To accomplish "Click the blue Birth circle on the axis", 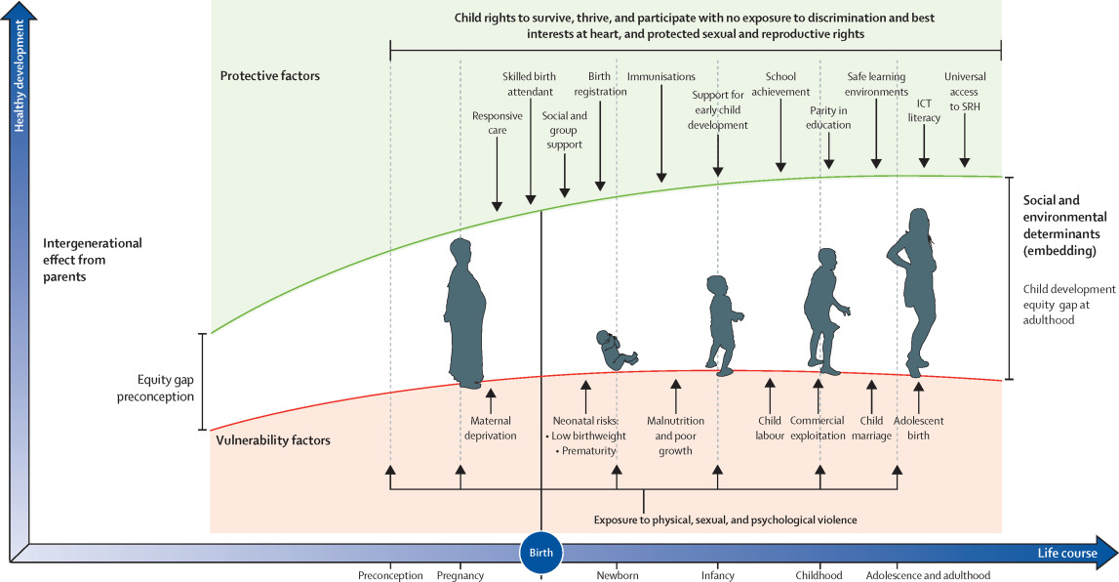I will coord(540,553).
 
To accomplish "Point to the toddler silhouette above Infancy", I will coord(722,322).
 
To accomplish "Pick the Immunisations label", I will coord(661,77).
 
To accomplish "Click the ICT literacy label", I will coord(923,110).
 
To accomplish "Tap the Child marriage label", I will coord(872,429).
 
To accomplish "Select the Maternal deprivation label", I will coord(490,429).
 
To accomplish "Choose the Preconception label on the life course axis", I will coord(390,576).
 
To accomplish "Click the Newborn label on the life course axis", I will coord(618,576).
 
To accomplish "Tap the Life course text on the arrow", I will coord(1066,554).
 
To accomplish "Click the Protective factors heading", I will coord(269,75).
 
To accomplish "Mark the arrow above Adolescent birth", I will coord(918,395).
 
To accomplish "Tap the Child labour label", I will coord(770,429).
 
